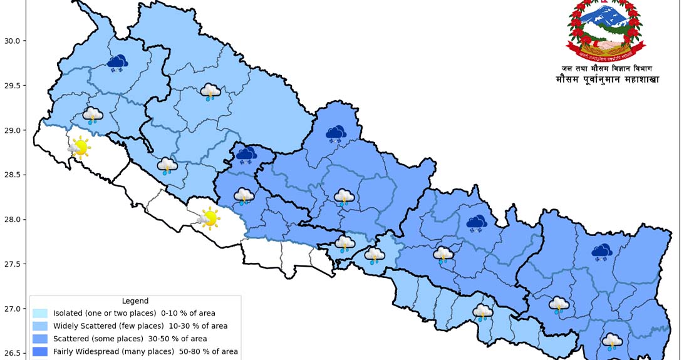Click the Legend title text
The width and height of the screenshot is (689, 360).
tap(135, 301)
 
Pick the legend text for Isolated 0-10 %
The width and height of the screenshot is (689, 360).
tap(134, 313)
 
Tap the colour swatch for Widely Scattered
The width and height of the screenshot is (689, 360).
tap(40, 326)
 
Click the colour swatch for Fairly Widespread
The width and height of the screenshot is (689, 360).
tap(40, 352)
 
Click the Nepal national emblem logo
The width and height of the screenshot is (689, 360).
tap(606, 29)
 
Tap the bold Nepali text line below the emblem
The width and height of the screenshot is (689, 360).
tap(606, 80)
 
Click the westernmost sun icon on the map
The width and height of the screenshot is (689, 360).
tap(80, 148)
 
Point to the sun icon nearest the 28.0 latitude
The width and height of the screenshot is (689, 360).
tap(209, 219)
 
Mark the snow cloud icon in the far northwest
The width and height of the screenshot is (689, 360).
tap(117, 63)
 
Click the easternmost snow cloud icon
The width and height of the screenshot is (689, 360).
tap(602, 252)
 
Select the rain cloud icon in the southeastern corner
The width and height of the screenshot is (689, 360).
tap(612, 341)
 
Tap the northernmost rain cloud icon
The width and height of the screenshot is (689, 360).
tap(210, 93)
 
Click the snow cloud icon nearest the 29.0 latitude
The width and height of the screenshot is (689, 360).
tap(336, 133)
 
